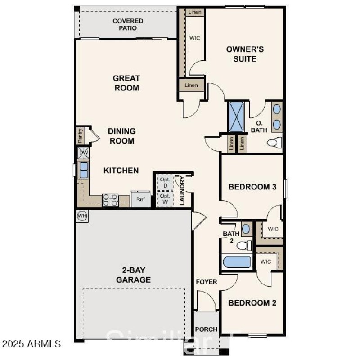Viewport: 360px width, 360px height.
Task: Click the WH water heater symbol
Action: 82,216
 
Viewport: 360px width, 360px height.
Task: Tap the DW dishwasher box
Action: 84,153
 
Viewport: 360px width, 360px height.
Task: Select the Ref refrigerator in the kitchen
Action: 140,199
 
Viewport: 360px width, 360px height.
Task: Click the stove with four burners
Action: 110,200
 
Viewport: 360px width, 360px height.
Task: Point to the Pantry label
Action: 81,135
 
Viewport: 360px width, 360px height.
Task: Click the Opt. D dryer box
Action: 165,182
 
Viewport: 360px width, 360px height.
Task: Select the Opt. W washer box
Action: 165,199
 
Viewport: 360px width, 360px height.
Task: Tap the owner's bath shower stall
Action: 236,117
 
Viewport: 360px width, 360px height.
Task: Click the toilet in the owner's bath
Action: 274,143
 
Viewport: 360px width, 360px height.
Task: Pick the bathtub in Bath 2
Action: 237,262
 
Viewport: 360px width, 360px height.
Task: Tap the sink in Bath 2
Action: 246,229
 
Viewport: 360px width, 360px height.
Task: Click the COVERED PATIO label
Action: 128,24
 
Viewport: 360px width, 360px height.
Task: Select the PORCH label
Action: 206,329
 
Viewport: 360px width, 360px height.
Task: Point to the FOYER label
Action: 206,282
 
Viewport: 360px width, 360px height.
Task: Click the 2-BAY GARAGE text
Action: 133,275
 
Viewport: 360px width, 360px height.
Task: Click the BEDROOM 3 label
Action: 252,187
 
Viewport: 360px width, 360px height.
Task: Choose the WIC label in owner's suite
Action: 194,38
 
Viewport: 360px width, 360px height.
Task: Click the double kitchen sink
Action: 84,170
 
